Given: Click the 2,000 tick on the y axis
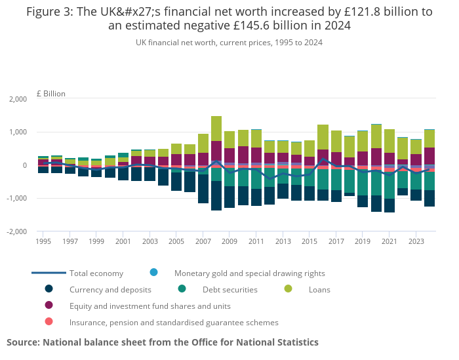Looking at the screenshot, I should pos(18,99).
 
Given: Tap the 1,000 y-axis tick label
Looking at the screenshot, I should pos(18,132).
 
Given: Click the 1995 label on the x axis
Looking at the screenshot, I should pos(43,241).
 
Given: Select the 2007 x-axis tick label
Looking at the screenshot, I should pos(202,241).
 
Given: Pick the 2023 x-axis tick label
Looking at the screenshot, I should pos(416,241).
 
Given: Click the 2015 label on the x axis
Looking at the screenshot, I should pos(309,241).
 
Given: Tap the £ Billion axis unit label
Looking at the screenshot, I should pos(51,94).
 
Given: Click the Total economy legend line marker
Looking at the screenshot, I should pos(49,273).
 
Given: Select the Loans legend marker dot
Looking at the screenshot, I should pos(287,289).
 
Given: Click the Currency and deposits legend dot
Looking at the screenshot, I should pos(49,289).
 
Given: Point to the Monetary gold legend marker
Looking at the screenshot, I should pos(153,273).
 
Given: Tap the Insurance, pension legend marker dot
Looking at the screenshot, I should pos(49,322).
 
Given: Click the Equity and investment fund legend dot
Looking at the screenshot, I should pos(49,306).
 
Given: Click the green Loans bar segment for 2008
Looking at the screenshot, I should pos(216,129).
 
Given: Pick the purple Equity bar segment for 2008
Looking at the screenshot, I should pos(216,151).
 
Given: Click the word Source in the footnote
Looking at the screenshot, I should pos(23,342).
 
